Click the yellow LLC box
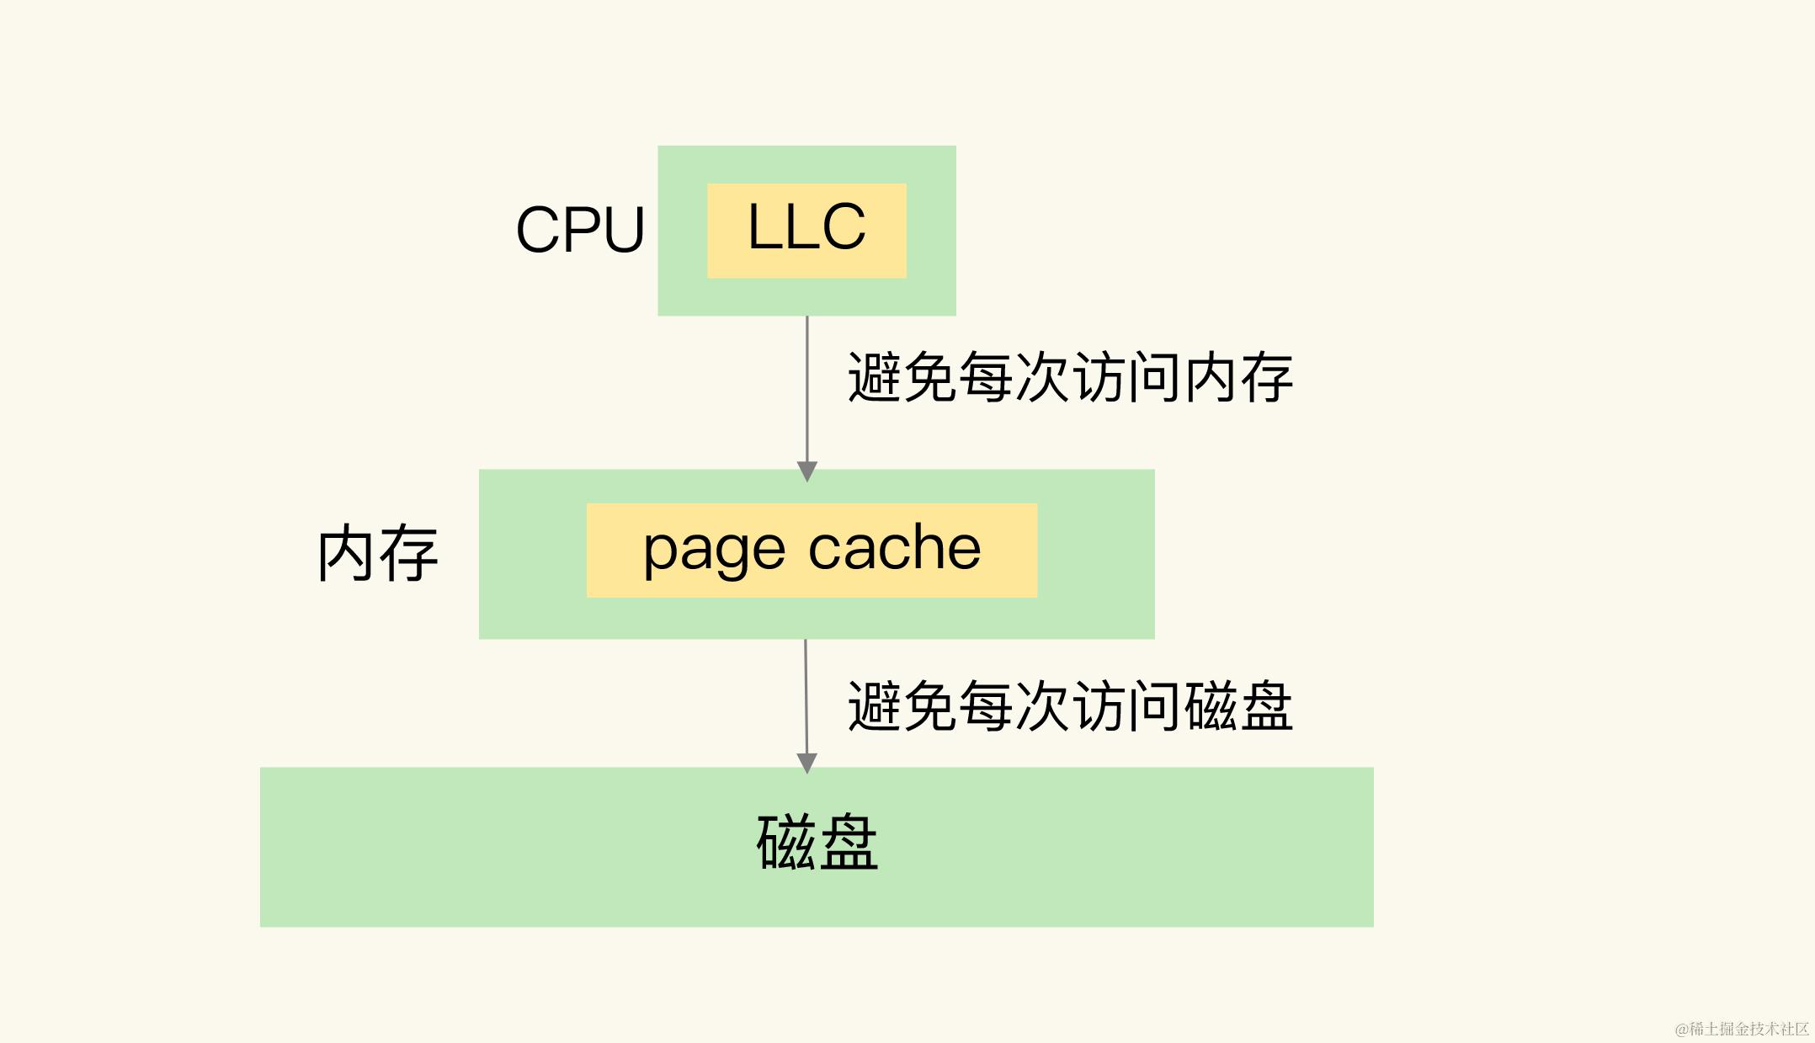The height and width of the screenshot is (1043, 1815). (x=806, y=231)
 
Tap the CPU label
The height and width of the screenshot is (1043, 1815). (x=580, y=230)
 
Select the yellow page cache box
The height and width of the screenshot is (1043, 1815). (x=812, y=551)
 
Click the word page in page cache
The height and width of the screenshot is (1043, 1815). (x=714, y=551)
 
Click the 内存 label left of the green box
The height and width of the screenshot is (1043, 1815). (x=378, y=554)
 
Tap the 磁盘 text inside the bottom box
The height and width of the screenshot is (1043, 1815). (x=817, y=843)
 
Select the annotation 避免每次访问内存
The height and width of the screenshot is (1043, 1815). (x=1069, y=378)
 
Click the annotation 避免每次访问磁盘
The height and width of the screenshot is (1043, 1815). (x=1069, y=706)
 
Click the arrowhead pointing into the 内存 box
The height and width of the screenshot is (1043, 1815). (x=807, y=471)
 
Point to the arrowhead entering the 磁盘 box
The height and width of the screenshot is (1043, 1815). (x=807, y=763)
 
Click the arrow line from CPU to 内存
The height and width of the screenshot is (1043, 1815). (x=807, y=387)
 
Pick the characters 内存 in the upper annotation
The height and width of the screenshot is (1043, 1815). (x=1238, y=378)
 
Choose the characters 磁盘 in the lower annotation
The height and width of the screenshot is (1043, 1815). (x=1238, y=706)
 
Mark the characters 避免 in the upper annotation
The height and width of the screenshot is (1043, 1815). (x=901, y=378)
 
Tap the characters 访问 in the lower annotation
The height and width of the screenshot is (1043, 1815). (x=1126, y=706)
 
